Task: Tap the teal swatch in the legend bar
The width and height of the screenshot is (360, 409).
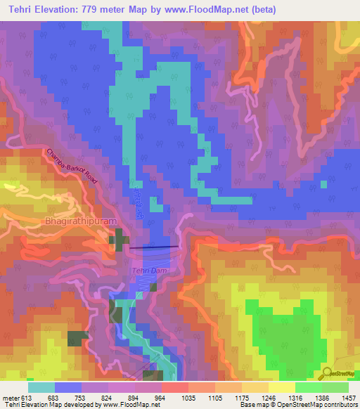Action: tap(41, 387)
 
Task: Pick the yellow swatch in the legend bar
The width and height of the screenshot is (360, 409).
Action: tap(282, 387)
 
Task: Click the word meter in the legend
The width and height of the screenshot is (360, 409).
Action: tap(11, 398)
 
